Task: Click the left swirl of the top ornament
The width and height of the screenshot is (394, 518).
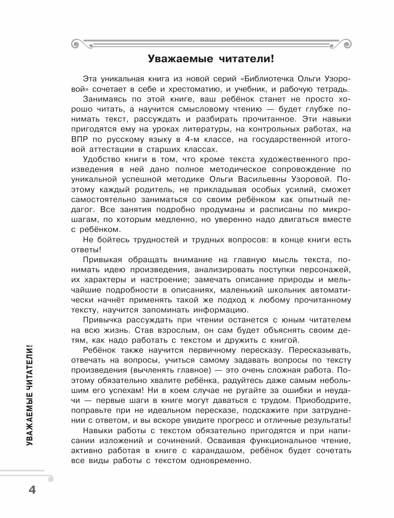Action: tap(76, 42)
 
